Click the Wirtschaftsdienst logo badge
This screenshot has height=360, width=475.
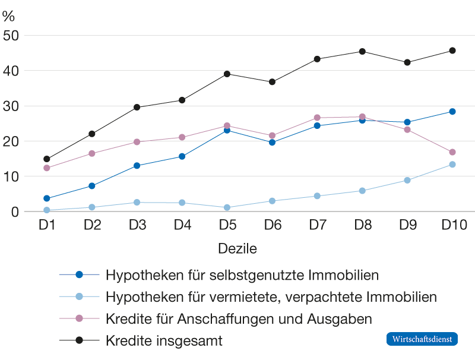tap(422, 339)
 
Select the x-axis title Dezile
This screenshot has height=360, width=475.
tap(237, 249)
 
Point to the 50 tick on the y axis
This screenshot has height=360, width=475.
tap(11, 36)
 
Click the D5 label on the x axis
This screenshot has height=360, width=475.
tap(227, 225)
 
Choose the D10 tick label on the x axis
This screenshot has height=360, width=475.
tap(454, 225)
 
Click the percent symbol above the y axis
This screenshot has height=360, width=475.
tap(8, 16)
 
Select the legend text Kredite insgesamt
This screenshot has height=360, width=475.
tap(164, 341)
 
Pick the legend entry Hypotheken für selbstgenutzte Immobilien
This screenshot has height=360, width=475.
tap(242, 275)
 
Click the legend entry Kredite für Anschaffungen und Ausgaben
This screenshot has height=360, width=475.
tap(239, 319)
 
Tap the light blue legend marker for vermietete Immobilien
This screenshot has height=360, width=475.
tap(81, 297)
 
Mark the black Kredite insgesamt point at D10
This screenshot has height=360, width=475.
tap(452, 50)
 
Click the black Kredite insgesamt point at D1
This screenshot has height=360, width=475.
tap(46, 159)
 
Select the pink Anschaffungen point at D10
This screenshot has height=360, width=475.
tap(452, 152)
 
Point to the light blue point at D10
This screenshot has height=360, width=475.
tap(452, 165)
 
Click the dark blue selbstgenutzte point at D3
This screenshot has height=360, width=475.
tap(137, 166)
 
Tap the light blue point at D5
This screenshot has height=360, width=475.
tap(227, 207)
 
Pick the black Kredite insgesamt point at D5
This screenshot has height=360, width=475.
tap(227, 74)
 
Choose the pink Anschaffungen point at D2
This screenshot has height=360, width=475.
tap(91, 153)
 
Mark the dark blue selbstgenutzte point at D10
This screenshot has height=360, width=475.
tap(452, 112)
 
